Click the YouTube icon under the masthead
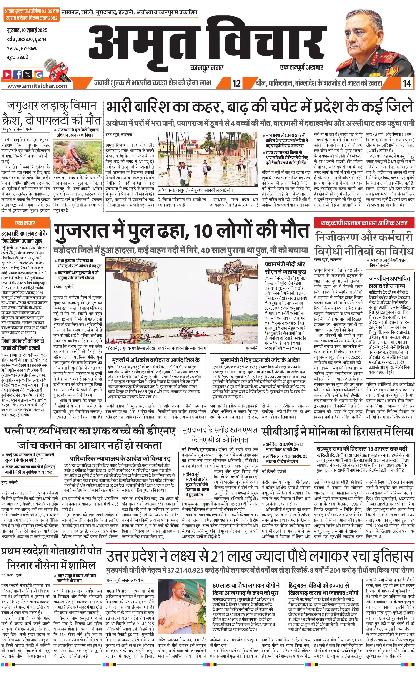[7, 74]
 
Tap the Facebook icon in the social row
[18, 74]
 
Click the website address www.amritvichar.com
[37, 86]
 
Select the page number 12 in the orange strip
[237, 83]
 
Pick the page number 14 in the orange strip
[407, 83]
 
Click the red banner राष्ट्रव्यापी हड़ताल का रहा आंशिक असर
[364, 223]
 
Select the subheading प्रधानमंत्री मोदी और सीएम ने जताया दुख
[285, 267]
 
